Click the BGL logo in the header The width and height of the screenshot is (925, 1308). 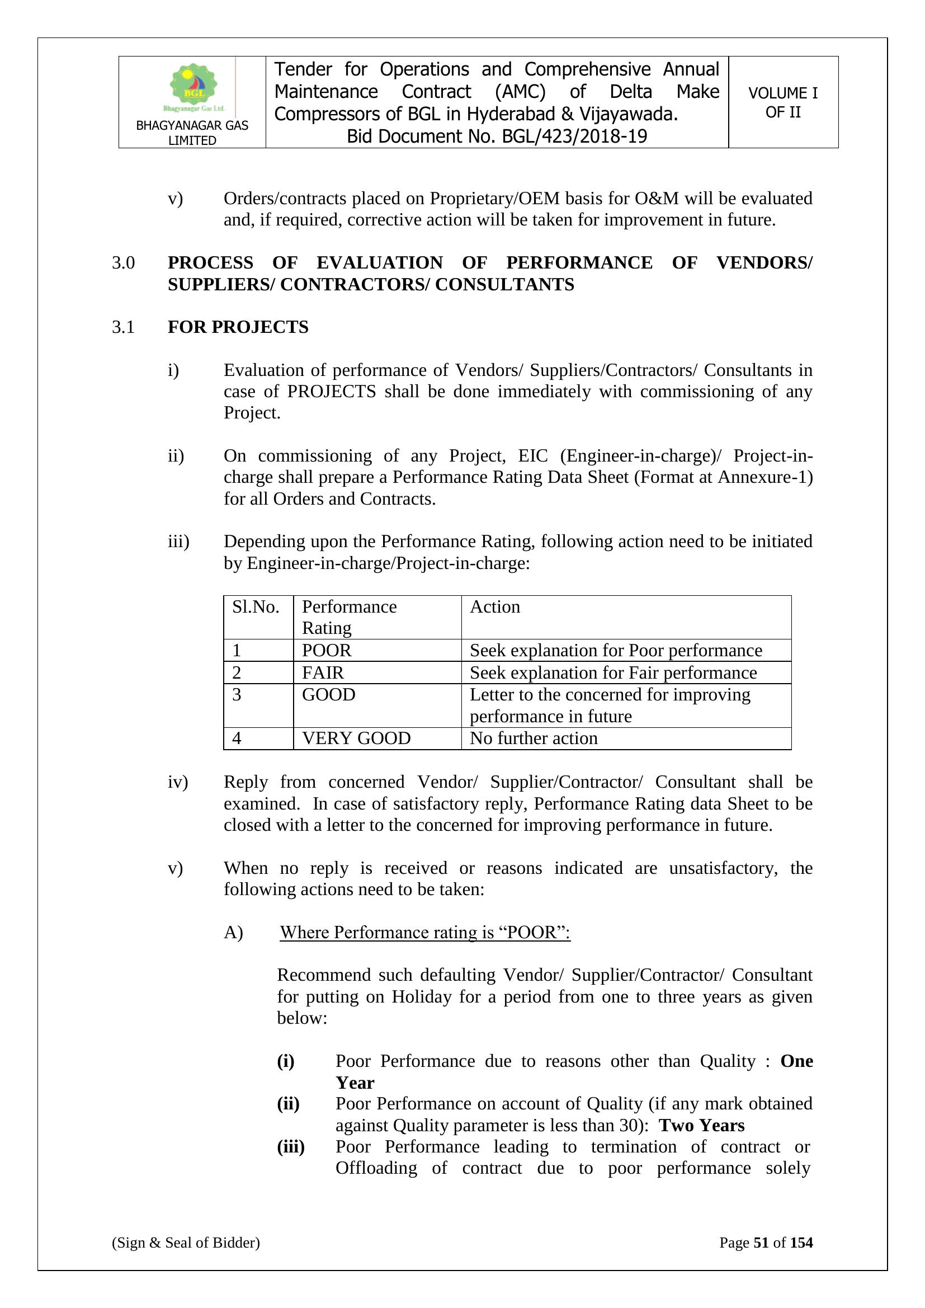pyautogui.click(x=194, y=87)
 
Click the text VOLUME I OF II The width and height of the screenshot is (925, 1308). pyautogui.click(x=782, y=102)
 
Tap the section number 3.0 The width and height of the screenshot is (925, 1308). pyautogui.click(x=123, y=262)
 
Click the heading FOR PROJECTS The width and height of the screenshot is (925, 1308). pyautogui.click(x=238, y=327)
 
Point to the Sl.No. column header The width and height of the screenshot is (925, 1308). pyautogui.click(x=256, y=606)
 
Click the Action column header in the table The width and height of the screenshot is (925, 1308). pyautogui.click(x=494, y=606)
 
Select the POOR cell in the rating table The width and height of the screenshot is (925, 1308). pyautogui.click(x=327, y=650)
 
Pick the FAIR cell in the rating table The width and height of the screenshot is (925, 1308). pyautogui.click(x=323, y=672)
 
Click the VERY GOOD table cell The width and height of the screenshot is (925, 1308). pyautogui.click(x=356, y=738)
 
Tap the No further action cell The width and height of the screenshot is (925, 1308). pyautogui.click(x=534, y=738)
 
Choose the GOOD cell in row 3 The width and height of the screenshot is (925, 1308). pyautogui.click(x=329, y=694)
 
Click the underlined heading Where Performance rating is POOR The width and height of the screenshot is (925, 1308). pyautogui.click(x=425, y=932)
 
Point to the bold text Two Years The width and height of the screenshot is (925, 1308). pyautogui.click(x=702, y=1125)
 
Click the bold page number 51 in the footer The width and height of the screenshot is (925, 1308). pyautogui.click(x=761, y=1243)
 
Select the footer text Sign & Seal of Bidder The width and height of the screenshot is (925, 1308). pyautogui.click(x=186, y=1243)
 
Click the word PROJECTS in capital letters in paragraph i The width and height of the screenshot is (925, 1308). pyautogui.click(x=332, y=392)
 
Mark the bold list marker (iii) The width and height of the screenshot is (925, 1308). pyautogui.click(x=290, y=1147)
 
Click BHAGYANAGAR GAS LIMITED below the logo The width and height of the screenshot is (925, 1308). pyautogui.click(x=192, y=133)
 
